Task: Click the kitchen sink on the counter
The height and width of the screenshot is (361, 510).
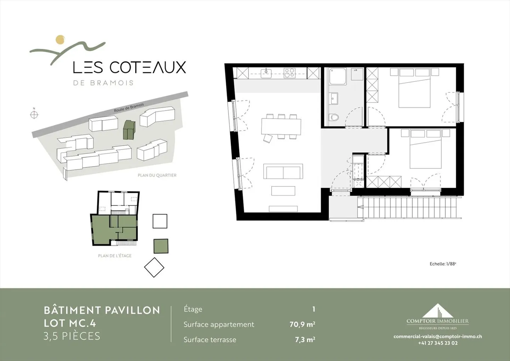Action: point(266,73)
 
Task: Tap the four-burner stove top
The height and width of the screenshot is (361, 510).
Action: point(289,73)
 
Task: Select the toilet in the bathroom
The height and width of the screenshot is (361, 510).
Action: point(333,117)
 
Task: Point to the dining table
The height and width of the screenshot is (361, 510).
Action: point(281,126)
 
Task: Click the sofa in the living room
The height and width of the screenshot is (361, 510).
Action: point(283,171)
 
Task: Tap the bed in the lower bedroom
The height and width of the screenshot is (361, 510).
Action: point(426,153)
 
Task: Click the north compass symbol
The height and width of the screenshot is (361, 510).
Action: point(34,114)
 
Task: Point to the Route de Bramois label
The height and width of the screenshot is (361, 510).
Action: point(129,108)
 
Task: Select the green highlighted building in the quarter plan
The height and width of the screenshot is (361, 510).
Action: point(129,130)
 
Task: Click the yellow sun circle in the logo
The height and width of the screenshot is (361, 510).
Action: point(61,39)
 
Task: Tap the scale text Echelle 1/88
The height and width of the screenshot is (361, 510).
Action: point(443,264)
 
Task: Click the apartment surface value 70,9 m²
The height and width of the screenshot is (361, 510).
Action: point(302,324)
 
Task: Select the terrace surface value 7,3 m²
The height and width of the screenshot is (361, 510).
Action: point(305,339)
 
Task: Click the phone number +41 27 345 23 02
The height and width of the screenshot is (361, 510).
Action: point(437,343)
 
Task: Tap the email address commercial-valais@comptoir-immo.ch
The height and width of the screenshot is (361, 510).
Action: point(437,337)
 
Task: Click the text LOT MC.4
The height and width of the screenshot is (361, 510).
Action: point(70,323)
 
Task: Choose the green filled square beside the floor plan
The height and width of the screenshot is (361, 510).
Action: point(161,246)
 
